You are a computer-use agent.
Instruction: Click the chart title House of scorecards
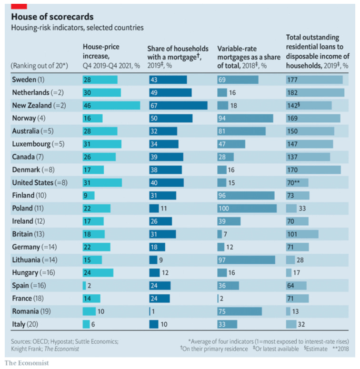coord(52,17)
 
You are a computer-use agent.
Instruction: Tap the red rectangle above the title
coord(19,6)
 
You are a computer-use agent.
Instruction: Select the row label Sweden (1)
coord(28,80)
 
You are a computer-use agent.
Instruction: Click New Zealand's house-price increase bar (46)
coord(111,105)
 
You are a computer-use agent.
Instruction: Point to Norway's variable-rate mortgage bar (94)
coord(245,118)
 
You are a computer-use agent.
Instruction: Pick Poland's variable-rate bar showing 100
coord(247,208)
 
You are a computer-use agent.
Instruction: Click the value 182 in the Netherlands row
coord(292,92)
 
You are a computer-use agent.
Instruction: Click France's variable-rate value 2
coord(222,299)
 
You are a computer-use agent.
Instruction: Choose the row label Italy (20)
coord(25,324)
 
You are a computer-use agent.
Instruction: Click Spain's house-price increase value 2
coord(89,286)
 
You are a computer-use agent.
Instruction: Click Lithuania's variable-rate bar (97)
coord(246,259)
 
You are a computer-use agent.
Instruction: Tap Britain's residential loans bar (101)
coord(302,234)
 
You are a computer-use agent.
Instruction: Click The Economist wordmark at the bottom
coord(27,363)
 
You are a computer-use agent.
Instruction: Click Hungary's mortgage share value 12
coord(165,273)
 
